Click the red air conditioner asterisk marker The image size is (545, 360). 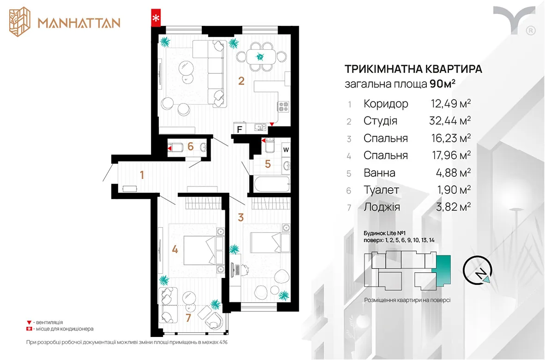156,18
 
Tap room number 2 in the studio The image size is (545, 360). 241,81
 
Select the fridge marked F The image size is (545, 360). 240,129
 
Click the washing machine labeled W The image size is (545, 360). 286,150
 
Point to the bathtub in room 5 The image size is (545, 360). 272,184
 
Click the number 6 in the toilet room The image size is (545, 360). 190,146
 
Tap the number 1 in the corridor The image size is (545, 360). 142,174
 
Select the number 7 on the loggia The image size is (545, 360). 188,318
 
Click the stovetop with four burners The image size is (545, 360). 284,106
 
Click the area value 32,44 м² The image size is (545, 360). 450,120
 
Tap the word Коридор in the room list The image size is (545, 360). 386,103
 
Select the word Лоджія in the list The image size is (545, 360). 382,207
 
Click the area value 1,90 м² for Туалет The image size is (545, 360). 454,189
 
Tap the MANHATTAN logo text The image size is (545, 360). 79,23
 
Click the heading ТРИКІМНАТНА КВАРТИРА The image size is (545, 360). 413,69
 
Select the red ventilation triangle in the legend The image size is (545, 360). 29,323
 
